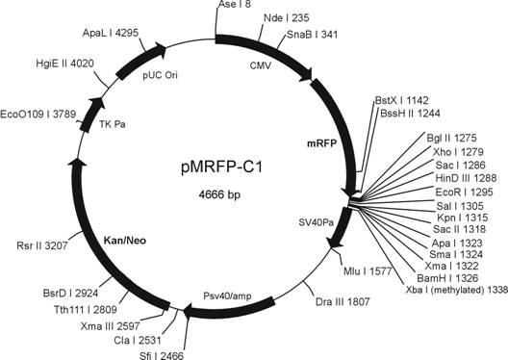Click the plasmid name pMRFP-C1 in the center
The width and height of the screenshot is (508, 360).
pyautogui.click(x=221, y=167)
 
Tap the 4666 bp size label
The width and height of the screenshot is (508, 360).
pyautogui.click(x=219, y=194)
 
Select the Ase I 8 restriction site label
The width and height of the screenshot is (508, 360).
pyautogui.click(x=235, y=4)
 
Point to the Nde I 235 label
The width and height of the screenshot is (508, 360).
pyautogui.click(x=287, y=18)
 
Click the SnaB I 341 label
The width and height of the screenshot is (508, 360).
pyautogui.click(x=312, y=35)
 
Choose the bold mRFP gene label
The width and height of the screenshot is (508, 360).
pyautogui.click(x=322, y=143)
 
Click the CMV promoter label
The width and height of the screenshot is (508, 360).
pyautogui.click(x=261, y=65)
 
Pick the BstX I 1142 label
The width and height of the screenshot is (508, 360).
pyautogui.click(x=401, y=100)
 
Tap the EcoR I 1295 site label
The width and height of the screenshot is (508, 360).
pyautogui.click(x=464, y=193)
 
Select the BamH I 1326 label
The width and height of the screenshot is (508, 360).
pyautogui.click(x=447, y=278)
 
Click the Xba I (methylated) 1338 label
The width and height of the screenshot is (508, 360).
pyautogui.click(x=457, y=290)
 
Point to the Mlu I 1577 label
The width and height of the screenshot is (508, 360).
pyautogui.click(x=368, y=270)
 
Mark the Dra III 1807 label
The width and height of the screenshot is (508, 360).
pyautogui.click(x=343, y=301)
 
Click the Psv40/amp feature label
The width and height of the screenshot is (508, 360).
pyautogui.click(x=227, y=296)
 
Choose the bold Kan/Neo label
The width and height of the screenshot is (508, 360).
pyautogui.click(x=125, y=241)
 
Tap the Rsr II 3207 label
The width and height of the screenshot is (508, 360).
pyautogui.click(x=42, y=245)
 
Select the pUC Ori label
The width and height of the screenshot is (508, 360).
pyautogui.click(x=161, y=76)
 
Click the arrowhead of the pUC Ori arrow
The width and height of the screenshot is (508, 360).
pyautogui.click(x=162, y=50)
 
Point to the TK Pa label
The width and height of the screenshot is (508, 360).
pyautogui.click(x=113, y=124)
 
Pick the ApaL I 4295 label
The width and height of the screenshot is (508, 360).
pyautogui.click(x=111, y=33)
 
